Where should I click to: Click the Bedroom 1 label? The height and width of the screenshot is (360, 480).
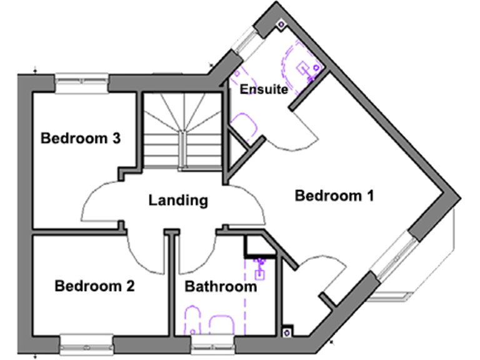tap(334, 196)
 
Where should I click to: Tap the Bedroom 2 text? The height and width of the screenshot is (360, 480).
tap(94, 287)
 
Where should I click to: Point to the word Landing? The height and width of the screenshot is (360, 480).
tap(177, 201)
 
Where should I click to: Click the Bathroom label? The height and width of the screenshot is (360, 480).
tap(221, 287)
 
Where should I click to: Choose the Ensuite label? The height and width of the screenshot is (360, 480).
tap(264, 89)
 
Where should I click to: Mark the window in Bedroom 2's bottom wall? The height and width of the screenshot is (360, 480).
tap(87, 342)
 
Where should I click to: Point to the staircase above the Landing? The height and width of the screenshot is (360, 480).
tap(181, 131)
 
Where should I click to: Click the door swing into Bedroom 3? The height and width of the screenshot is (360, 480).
tap(100, 200)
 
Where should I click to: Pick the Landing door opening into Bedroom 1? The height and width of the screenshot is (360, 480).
tap(247, 203)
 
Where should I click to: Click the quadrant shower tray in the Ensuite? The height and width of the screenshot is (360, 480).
tap(300, 66)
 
